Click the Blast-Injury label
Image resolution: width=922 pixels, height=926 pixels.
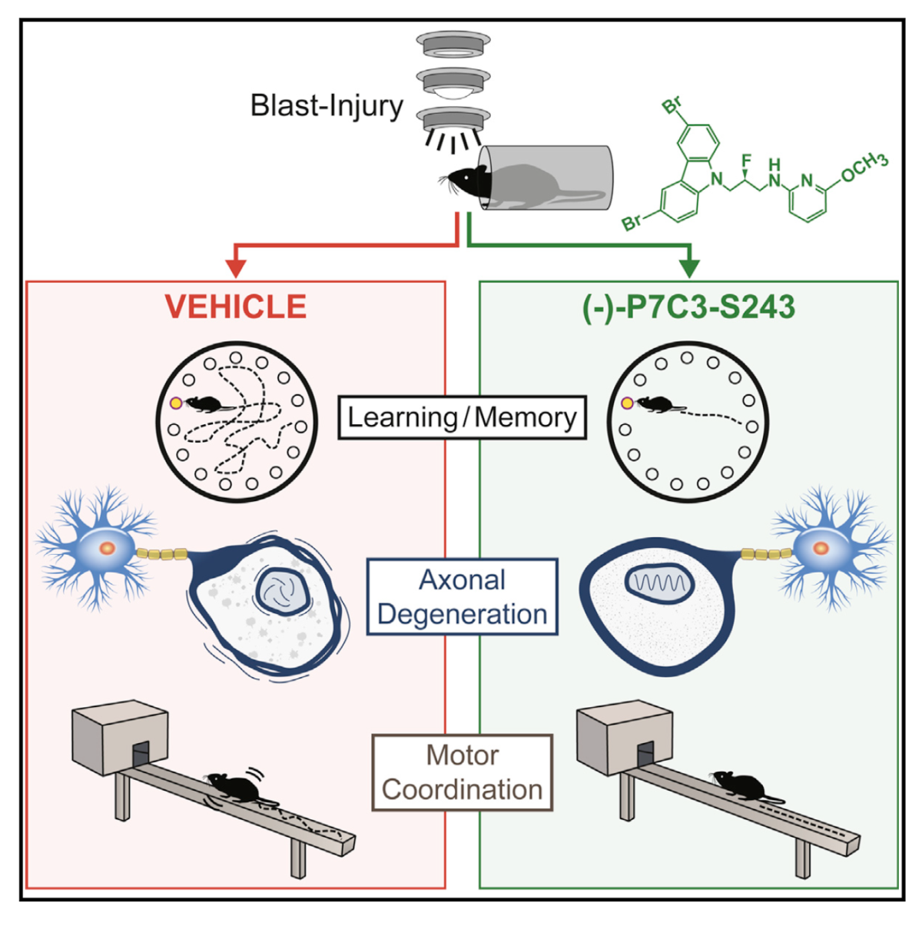coord(327,106)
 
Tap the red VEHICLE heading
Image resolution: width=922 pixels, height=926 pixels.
coord(236,307)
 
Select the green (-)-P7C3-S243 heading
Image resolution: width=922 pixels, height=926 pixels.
coord(688,307)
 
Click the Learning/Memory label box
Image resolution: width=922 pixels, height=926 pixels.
coord(462,417)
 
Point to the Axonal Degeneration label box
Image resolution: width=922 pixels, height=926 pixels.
coord(462,597)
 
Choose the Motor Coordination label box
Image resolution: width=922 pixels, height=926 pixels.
coord(462,773)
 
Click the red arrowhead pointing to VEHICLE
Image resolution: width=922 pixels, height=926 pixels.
coord(236,267)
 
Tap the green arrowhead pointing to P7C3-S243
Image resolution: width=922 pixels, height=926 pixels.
coord(690,267)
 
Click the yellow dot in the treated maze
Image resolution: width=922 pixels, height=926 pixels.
coord(627,403)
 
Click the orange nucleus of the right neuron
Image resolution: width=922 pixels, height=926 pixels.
coord(821,549)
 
